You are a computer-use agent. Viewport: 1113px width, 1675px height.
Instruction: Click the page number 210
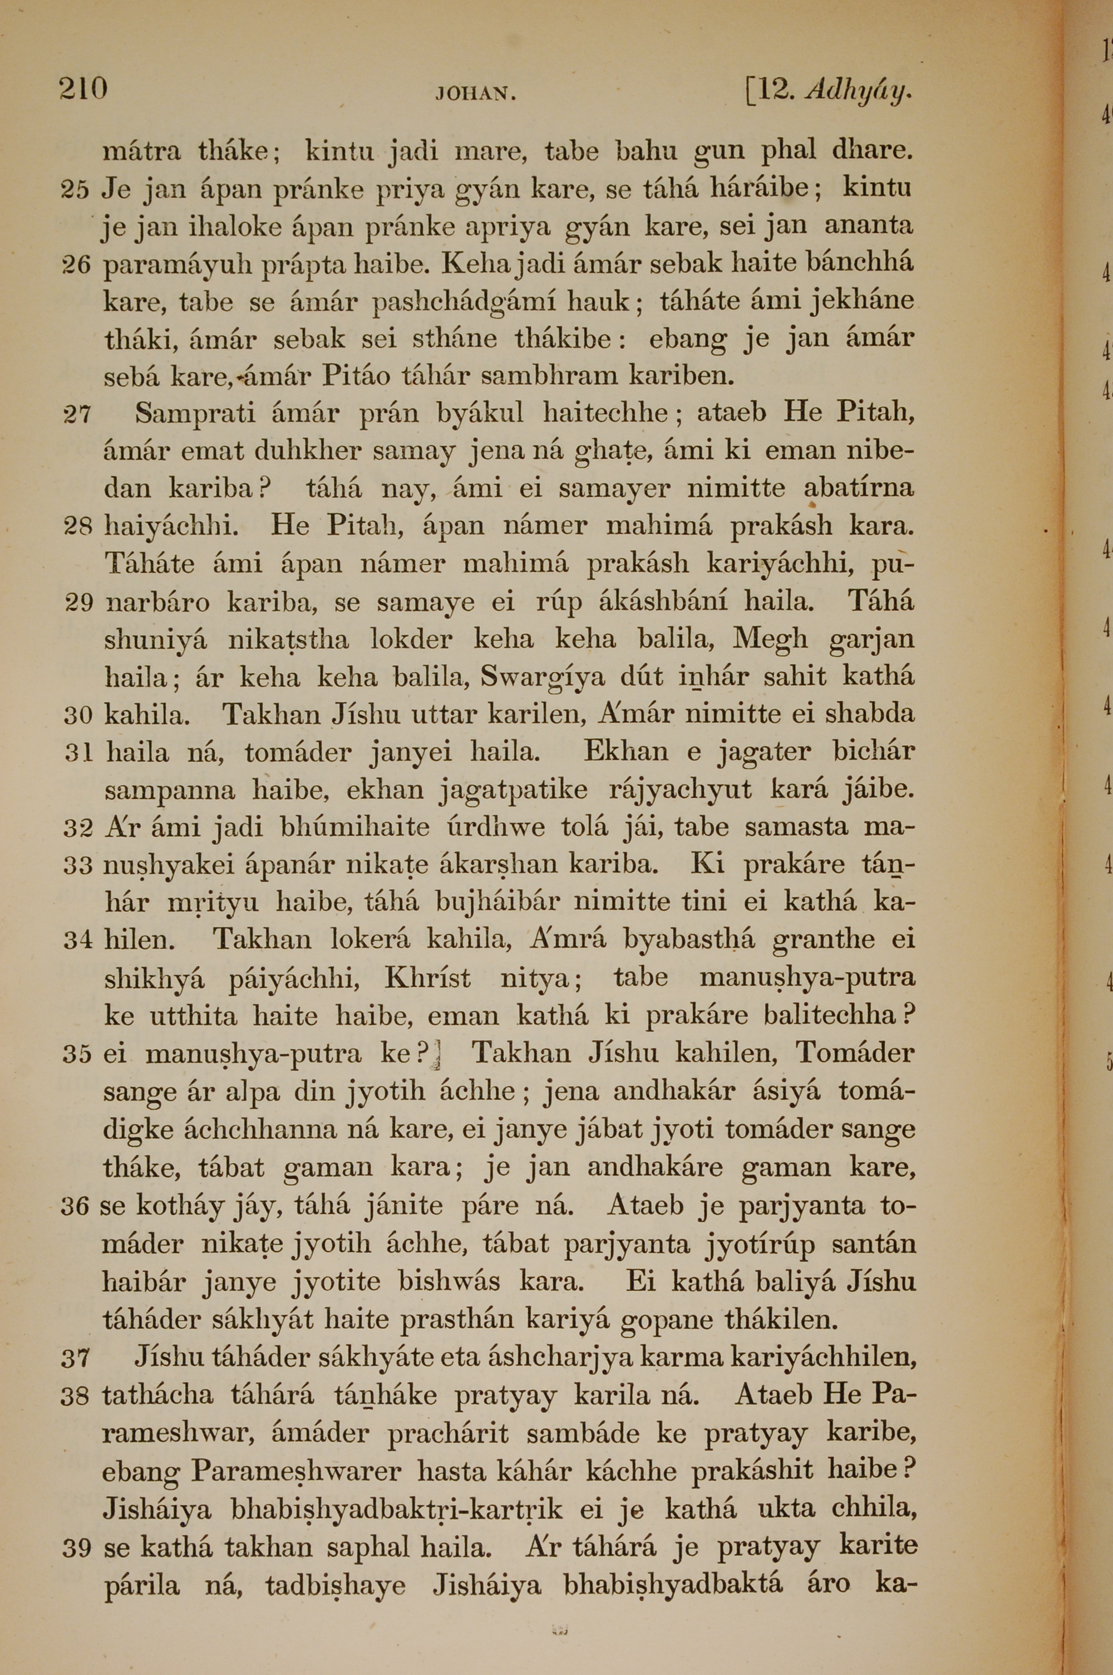pos(83,90)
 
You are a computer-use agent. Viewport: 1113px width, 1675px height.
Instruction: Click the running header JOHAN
pos(475,94)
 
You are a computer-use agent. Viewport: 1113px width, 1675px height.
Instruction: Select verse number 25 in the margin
pos(75,190)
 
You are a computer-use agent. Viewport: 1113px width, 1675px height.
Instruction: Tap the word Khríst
pos(427,978)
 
